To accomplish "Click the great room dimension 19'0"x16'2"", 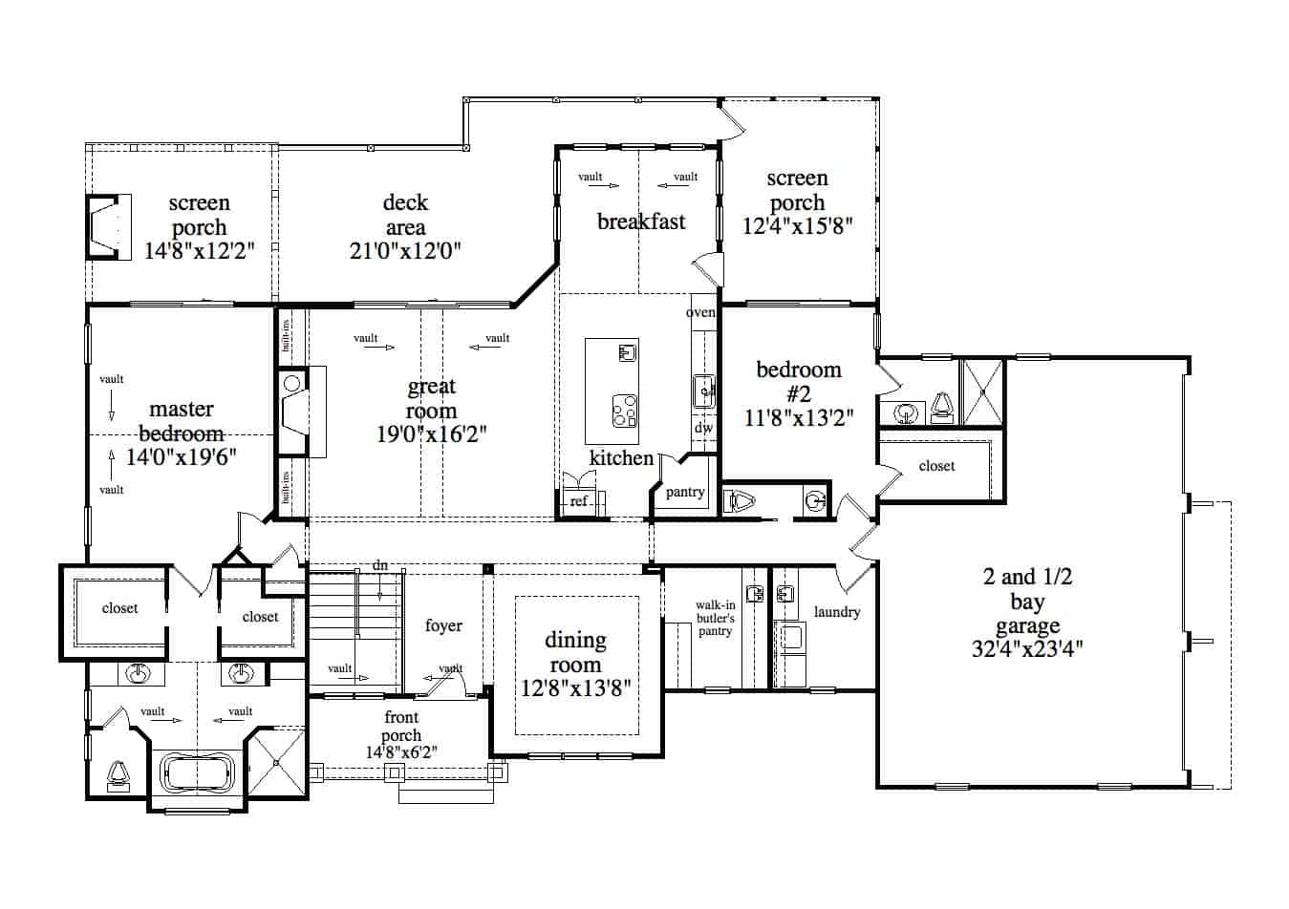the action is tap(432, 434).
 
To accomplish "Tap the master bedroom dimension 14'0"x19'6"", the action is tap(182, 457).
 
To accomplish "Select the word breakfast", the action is tap(641, 222).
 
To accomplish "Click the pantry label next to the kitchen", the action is tap(685, 492).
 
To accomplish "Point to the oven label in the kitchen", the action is tap(700, 312).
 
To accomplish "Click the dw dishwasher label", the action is tap(703, 427).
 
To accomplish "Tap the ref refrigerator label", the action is tap(578, 500).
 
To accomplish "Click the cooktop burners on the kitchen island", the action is tap(624, 412).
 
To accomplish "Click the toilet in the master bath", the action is tap(118, 776).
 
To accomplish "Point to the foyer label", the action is tap(443, 625).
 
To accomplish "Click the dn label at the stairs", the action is tap(379, 565).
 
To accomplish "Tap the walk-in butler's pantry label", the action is tap(716, 618).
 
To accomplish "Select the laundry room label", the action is tap(837, 612).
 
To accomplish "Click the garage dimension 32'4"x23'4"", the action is tap(1027, 649).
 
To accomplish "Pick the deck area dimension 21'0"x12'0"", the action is tap(405, 251).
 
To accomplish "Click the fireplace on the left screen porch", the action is tap(109, 227).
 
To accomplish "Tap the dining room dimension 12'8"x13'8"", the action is tap(575, 688).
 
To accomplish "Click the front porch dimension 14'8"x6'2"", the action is tap(401, 752).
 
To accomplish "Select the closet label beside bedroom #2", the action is tap(936, 466).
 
